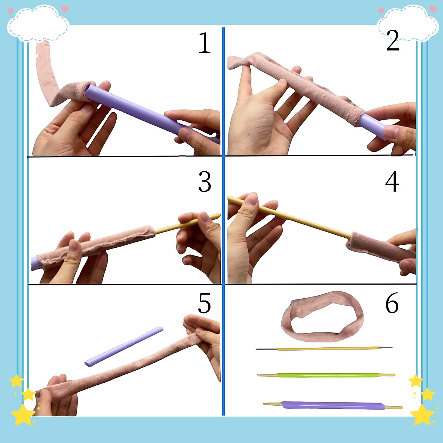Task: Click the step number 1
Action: click(x=204, y=44)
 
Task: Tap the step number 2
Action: click(x=393, y=41)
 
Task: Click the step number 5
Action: click(x=204, y=303)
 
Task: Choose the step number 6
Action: click(x=392, y=303)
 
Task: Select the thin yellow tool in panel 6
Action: click(x=325, y=348)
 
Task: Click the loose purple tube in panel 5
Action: click(x=124, y=346)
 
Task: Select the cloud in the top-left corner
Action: click(x=38, y=23)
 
